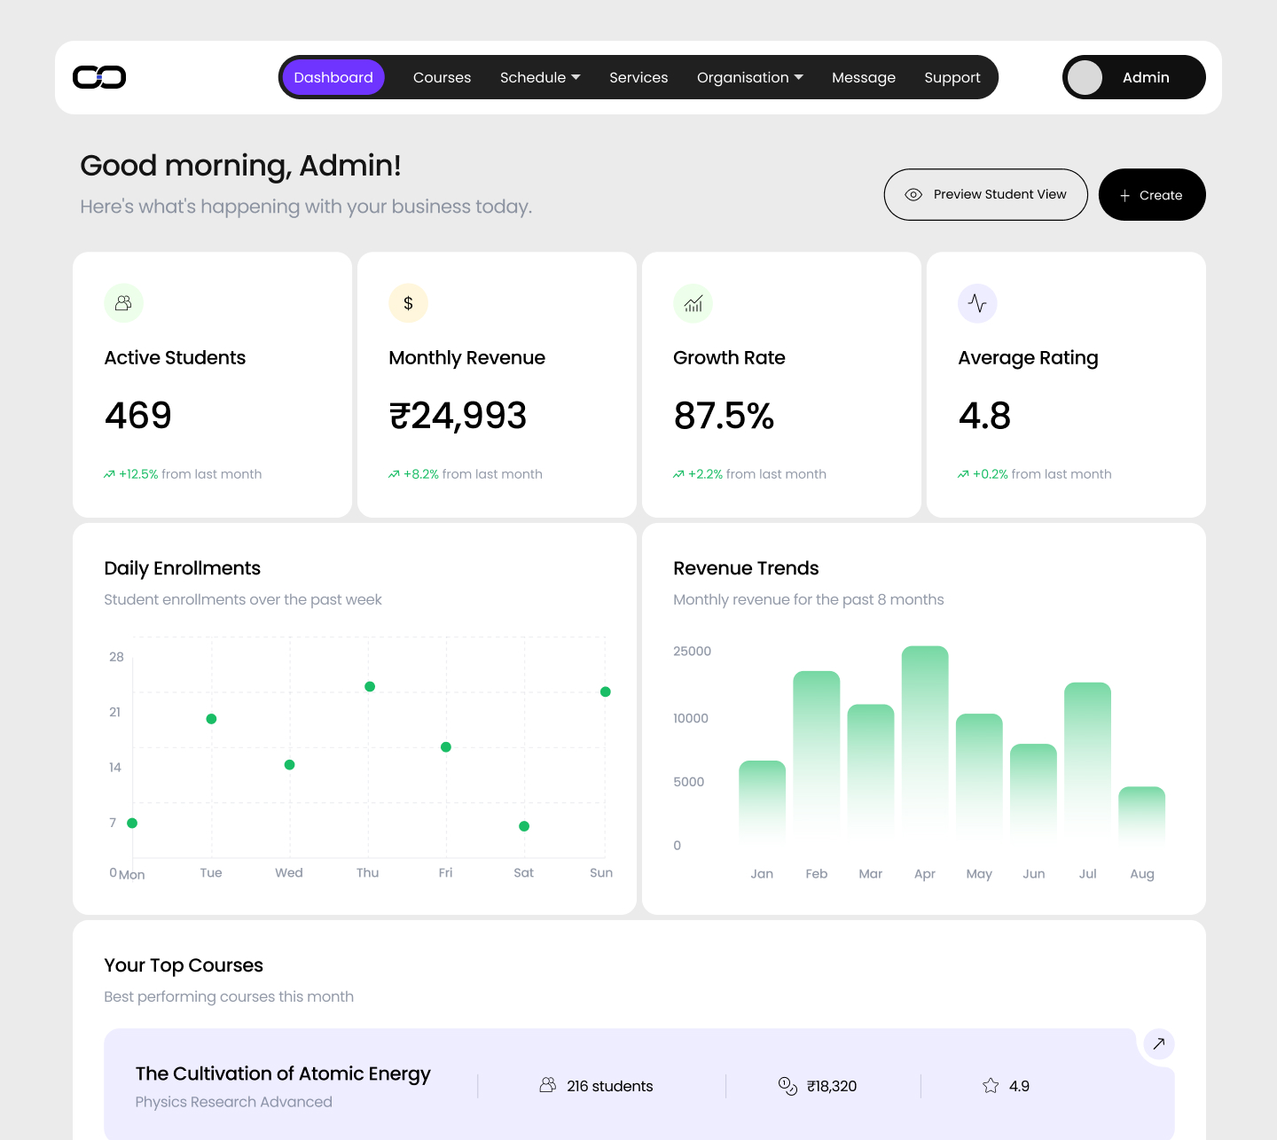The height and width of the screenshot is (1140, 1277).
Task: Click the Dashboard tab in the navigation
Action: tap(333, 77)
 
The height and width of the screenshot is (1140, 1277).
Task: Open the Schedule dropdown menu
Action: tap(540, 77)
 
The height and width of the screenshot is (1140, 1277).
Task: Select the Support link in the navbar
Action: tap(952, 77)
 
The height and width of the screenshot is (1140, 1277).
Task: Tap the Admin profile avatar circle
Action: tap(1085, 77)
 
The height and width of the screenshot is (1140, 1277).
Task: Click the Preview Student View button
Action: tap(985, 194)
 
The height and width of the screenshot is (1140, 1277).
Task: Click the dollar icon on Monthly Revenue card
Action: tap(408, 303)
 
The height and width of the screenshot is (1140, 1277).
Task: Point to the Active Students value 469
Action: tap(138, 416)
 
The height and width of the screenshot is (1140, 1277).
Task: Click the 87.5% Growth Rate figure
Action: tap(724, 416)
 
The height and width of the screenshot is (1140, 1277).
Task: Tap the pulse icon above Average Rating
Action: tap(977, 303)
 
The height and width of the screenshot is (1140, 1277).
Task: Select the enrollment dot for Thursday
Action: tap(370, 686)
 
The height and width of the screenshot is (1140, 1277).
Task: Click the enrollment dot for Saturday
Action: tap(524, 826)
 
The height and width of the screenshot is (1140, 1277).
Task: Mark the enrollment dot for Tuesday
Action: tap(211, 719)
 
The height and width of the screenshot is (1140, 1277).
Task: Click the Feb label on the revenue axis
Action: tap(816, 874)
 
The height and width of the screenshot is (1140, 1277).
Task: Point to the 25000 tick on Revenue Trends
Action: tap(692, 652)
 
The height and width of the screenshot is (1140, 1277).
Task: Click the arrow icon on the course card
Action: tap(1158, 1043)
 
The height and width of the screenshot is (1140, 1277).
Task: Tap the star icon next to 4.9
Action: tap(991, 1086)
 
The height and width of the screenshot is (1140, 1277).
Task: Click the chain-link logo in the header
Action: tap(99, 77)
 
